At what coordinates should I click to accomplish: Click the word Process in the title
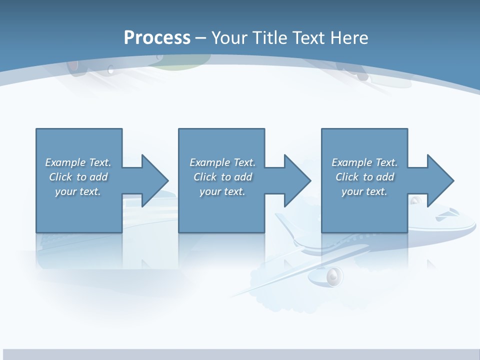(x=157, y=38)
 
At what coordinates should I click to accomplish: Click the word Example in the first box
(x=65, y=162)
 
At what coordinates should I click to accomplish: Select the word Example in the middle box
(x=210, y=162)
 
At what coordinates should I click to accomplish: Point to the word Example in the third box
(x=352, y=162)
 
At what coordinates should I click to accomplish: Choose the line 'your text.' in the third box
(x=364, y=191)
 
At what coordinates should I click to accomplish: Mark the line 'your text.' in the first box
(x=78, y=191)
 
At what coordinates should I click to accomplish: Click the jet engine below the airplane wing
(x=332, y=275)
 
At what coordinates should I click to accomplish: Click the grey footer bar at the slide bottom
(x=240, y=354)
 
